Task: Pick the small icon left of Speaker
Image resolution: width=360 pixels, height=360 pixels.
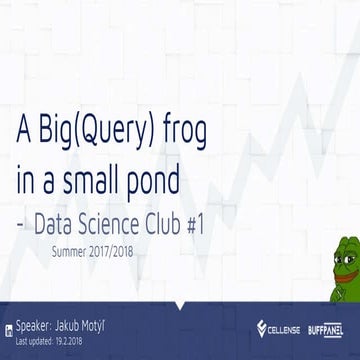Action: tap(7, 326)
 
